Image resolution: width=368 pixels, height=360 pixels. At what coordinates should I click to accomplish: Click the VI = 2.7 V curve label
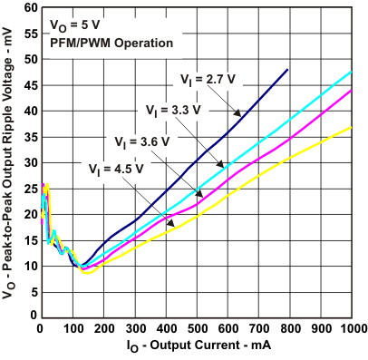pyautogui.click(x=206, y=81)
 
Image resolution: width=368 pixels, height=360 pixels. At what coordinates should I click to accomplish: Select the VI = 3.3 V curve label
pyautogui.click(x=173, y=111)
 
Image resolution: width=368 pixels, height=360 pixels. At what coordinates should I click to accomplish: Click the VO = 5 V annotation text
pyautogui.click(x=70, y=26)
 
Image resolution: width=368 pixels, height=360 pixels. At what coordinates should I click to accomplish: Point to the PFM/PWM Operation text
pyautogui.click(x=99, y=42)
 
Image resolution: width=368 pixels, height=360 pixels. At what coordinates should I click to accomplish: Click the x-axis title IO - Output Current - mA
pyautogui.click(x=197, y=347)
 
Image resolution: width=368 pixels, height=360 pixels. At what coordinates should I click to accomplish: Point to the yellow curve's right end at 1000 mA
pyautogui.click(x=351, y=128)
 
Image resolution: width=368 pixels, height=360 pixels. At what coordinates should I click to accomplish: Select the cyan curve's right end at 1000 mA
pyautogui.click(x=351, y=73)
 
